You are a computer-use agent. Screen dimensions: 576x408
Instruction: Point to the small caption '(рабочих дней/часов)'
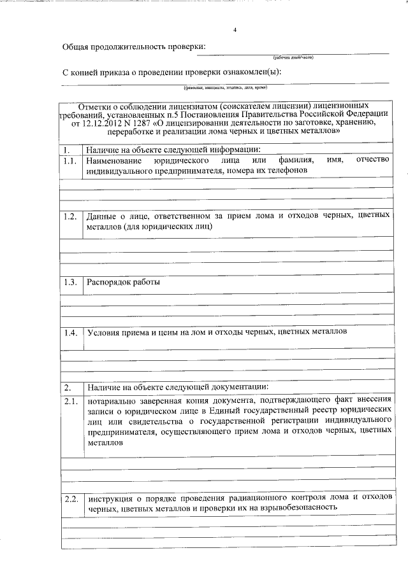[x=293, y=57]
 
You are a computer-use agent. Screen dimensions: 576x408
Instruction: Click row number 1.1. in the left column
[x=69, y=161]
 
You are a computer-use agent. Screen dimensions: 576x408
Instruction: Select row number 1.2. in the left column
[x=69, y=216]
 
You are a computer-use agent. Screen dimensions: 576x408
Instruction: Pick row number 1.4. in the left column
[x=69, y=332]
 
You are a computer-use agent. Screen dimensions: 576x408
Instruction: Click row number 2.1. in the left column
[x=69, y=400]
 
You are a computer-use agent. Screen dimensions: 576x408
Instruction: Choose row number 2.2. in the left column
[x=69, y=498]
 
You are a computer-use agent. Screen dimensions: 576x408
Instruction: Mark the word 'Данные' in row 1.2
[x=102, y=216]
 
